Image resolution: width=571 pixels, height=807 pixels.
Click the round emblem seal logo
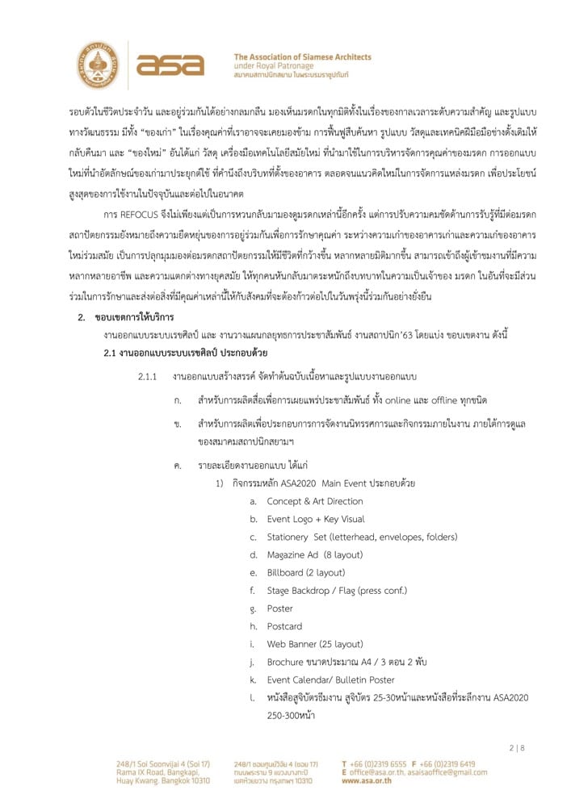click(x=98, y=65)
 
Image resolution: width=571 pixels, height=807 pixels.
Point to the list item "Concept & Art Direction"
click(x=309, y=501)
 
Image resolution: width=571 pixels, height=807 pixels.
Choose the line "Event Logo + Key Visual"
click(x=316, y=519)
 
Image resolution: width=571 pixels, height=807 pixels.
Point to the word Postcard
click(x=284, y=626)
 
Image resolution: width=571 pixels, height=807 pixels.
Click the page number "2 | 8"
click(x=517, y=748)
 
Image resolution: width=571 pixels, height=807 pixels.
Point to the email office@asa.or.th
click(x=376, y=772)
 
